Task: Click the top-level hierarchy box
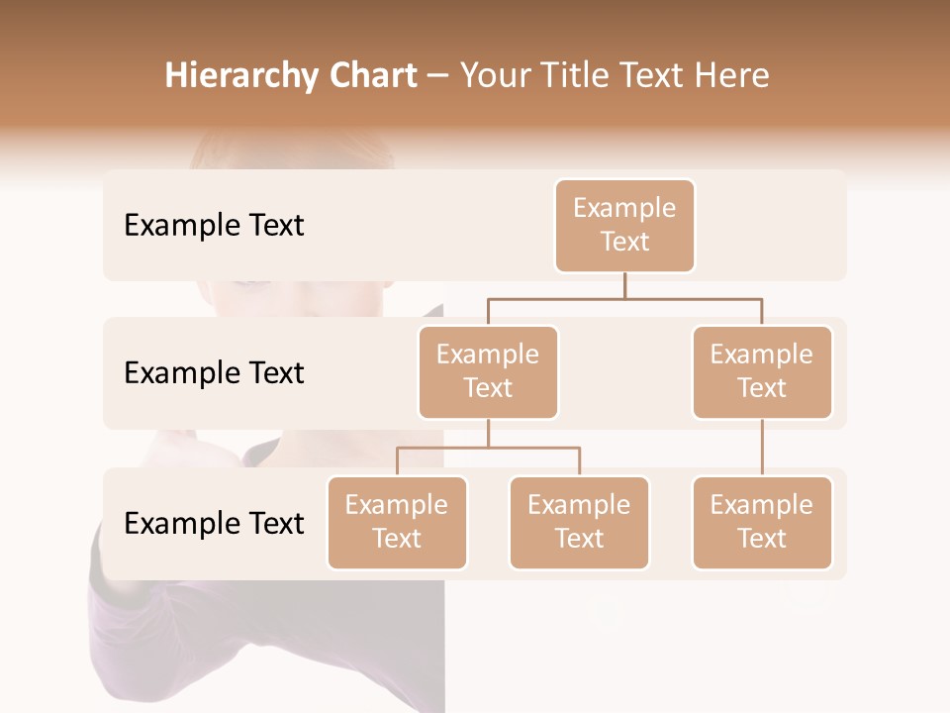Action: [624, 226]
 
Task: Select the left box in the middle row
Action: [488, 372]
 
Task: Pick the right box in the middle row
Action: [762, 372]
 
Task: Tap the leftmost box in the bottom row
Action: [397, 523]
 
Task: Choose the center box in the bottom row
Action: [579, 523]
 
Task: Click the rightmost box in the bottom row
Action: [762, 523]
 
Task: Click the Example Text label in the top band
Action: [214, 226]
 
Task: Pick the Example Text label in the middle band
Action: [214, 373]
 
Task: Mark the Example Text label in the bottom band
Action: [214, 524]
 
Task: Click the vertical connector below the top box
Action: [624, 285]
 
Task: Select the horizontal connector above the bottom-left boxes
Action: [488, 448]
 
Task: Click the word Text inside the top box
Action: [624, 242]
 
